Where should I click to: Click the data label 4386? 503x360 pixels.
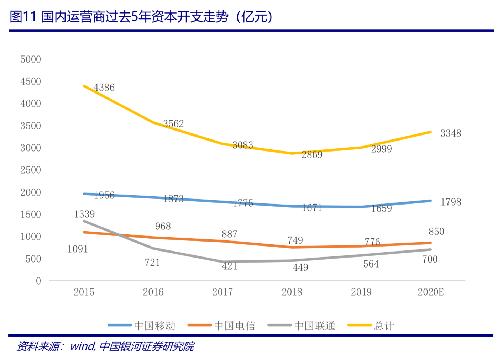[104, 88]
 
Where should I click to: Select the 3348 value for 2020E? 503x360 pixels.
[451, 133]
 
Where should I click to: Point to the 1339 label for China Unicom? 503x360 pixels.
[84, 214]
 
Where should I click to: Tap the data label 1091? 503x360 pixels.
[78, 249]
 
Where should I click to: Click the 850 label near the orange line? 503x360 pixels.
[436, 232]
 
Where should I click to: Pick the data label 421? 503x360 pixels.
[230, 266]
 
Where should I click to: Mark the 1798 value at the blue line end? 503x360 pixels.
[451, 202]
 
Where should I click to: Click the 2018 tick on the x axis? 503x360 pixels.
[292, 292]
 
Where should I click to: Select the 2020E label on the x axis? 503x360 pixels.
[430, 292]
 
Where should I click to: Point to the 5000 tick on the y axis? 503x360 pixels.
[31, 59]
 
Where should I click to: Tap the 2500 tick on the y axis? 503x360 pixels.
[31, 170]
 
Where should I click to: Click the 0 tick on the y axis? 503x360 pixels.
[38, 281]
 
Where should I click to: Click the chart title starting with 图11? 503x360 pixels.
[141, 17]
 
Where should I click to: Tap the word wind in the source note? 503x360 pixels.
[82, 346]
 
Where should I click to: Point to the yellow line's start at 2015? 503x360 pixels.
[84, 86]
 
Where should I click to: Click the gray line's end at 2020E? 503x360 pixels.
[430, 250]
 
